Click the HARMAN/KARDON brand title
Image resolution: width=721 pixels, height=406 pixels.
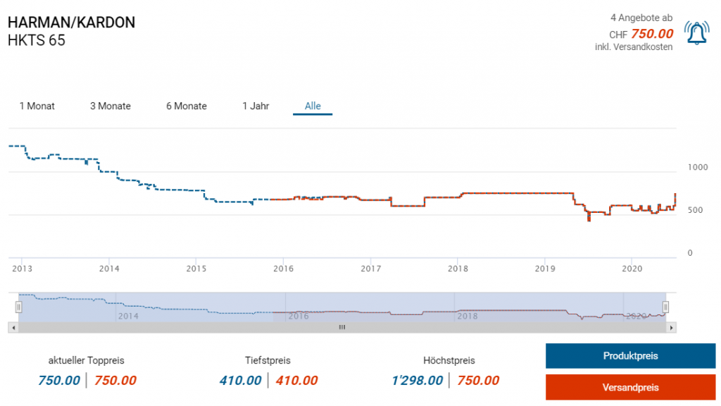pos(71,23)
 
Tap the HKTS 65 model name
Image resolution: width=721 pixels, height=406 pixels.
pos(36,40)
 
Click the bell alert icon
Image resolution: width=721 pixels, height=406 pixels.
pos(696,33)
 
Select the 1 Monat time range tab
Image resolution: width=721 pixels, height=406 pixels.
pos(37,106)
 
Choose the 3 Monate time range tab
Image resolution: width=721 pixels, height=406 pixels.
pos(110,106)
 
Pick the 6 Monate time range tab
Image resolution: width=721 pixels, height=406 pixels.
pos(186,106)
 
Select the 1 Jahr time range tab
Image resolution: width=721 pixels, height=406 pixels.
pos(256,106)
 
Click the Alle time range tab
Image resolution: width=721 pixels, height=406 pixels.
pos(313,106)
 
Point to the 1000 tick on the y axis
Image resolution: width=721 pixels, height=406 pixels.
pos(697,167)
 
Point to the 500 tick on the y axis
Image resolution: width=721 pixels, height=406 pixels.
pos(694,210)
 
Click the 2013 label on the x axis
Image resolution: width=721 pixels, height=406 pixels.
pos(22,268)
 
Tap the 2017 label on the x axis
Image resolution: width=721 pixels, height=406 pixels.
pos(370,268)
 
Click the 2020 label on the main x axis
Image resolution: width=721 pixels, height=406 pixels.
pos(632,268)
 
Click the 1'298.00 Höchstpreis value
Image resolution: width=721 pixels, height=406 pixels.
pos(417,381)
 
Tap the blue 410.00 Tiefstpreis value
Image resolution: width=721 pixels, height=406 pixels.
pos(240,381)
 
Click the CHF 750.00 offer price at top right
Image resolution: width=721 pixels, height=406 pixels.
pos(651,34)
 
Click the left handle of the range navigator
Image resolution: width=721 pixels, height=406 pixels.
pos(19,307)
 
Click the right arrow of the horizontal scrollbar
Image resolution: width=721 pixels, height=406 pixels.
pos(672,327)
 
